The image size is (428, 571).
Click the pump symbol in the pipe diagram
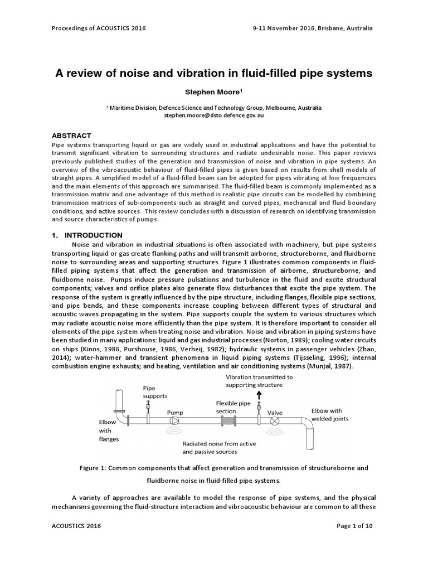174,420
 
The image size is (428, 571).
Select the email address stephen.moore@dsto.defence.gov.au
213,115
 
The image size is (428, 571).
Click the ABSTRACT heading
71,136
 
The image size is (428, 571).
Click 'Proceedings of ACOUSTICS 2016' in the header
98,28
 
